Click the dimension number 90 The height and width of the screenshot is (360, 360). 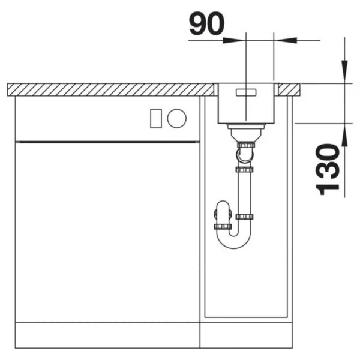click(x=206, y=23)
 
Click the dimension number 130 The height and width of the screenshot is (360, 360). click(x=328, y=169)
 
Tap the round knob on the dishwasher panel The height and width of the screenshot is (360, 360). click(x=177, y=118)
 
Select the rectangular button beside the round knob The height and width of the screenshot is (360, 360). click(x=156, y=118)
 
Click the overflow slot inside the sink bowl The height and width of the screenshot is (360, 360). click(x=246, y=92)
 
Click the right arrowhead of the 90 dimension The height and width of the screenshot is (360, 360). click(x=287, y=40)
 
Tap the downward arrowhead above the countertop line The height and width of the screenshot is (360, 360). click(x=344, y=71)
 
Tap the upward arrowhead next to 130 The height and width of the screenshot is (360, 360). click(x=344, y=135)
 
